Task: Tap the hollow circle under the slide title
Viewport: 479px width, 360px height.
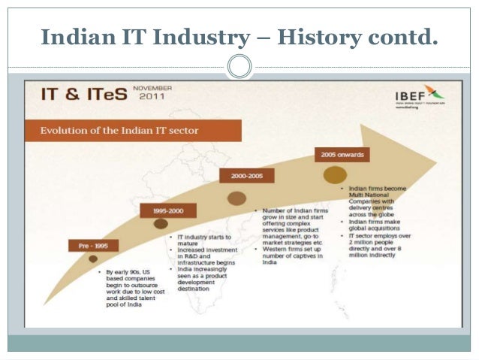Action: (239, 68)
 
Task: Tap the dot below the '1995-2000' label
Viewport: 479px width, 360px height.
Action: (161, 223)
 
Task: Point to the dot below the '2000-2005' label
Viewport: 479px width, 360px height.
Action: (236, 198)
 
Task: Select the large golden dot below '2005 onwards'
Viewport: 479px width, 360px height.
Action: (335, 174)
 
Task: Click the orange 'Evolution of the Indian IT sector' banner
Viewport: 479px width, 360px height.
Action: (133, 131)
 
